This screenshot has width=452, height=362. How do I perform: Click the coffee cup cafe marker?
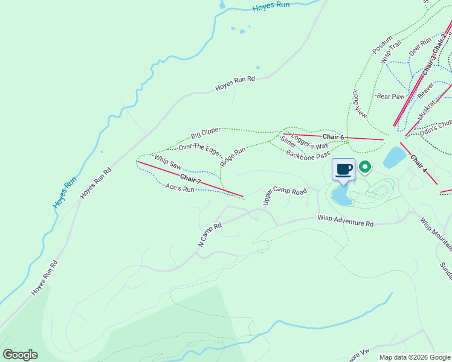(x=344, y=170)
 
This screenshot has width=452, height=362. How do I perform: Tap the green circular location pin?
(x=364, y=166)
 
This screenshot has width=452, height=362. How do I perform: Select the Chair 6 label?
(x=333, y=137)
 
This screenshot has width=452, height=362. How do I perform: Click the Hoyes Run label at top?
(x=271, y=5)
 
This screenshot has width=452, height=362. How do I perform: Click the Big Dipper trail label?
(x=205, y=132)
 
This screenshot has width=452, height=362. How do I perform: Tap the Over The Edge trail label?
(x=198, y=149)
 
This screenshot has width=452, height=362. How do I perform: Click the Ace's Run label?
(x=179, y=189)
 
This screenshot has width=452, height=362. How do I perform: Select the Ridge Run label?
(x=233, y=156)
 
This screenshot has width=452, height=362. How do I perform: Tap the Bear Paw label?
(x=390, y=96)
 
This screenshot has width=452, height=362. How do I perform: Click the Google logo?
(x=20, y=355)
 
